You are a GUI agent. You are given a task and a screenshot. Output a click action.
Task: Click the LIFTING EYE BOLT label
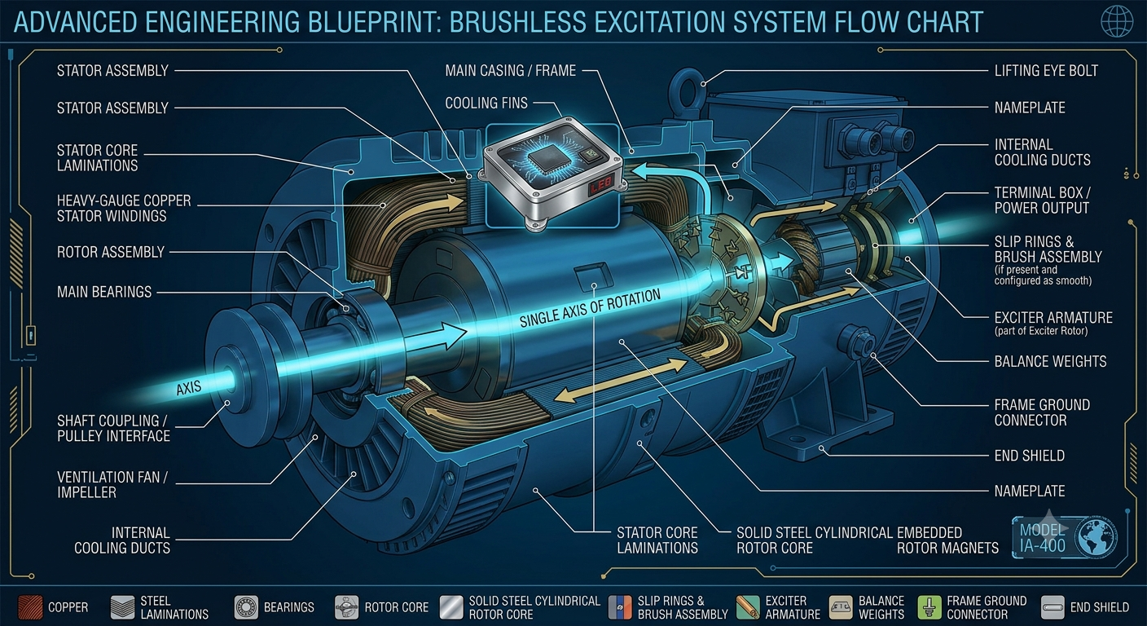[x=1046, y=71]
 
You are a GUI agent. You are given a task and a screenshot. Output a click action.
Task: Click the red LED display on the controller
[x=601, y=185]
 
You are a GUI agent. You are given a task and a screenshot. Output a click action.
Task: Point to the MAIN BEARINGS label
[x=104, y=292]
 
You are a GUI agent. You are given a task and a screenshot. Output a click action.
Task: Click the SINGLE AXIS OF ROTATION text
[x=590, y=308]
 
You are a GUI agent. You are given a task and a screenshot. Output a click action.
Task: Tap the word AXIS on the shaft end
[x=189, y=388]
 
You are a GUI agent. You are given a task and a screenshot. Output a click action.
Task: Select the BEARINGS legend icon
[x=246, y=607]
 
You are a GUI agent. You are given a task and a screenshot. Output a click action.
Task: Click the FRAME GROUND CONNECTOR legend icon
[x=929, y=607]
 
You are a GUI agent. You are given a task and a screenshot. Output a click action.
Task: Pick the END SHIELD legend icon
[x=1053, y=607]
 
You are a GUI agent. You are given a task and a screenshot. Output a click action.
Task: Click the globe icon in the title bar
[x=1117, y=21]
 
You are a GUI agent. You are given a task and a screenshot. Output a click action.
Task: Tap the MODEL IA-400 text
[x=1043, y=538]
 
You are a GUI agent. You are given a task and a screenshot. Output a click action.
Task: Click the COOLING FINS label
[x=486, y=104]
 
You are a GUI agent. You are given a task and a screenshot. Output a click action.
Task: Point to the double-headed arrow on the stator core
[x=621, y=380]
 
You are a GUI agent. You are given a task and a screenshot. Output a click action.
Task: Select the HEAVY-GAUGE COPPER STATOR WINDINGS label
[x=124, y=209]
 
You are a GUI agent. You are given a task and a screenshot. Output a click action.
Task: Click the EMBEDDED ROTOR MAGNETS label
[x=947, y=540]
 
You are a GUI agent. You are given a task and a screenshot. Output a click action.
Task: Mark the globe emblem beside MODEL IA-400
[x=1096, y=538]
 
